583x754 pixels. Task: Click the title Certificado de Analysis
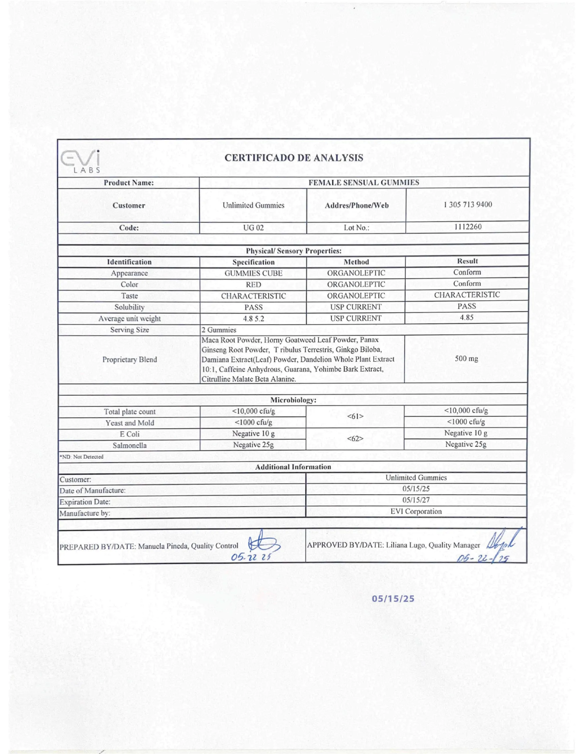[x=294, y=158]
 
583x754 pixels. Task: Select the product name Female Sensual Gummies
[x=364, y=182]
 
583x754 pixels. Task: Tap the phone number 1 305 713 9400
[x=468, y=204]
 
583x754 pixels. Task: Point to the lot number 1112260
[x=468, y=227]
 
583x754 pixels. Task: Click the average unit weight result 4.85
[x=467, y=317]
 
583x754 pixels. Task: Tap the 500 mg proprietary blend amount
[x=466, y=358]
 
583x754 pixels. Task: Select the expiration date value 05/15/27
[x=416, y=500]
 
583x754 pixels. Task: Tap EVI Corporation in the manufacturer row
[x=416, y=511]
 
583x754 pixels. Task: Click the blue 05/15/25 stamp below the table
[x=393, y=598]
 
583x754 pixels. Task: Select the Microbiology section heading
[x=293, y=400]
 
